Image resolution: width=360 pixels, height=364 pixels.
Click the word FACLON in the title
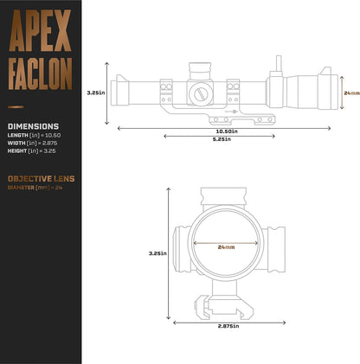click(x=41, y=75)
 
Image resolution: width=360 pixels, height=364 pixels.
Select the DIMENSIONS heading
click(x=33, y=125)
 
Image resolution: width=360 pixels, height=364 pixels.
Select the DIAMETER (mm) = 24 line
click(x=35, y=188)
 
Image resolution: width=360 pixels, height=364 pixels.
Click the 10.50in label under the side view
click(x=228, y=130)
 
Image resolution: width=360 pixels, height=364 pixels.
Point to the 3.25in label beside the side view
click(x=96, y=92)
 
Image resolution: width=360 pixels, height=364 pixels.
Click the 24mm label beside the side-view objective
click(x=350, y=92)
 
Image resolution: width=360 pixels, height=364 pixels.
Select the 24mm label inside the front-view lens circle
click(x=227, y=246)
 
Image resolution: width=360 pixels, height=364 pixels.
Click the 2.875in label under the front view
click(x=228, y=327)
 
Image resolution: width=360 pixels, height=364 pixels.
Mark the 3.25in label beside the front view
click(x=157, y=253)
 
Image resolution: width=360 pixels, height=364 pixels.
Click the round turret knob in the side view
click(x=202, y=92)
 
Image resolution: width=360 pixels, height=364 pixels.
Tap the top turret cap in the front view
click(x=228, y=195)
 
